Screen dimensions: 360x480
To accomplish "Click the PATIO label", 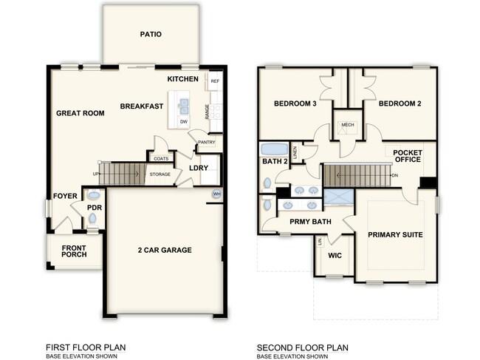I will pos(150,34).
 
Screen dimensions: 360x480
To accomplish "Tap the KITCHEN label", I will pos(182,78).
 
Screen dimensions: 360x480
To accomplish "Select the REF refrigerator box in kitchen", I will pos(215,81).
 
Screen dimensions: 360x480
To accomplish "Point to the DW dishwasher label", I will pos(184,121).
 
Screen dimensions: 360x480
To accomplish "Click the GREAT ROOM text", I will pos(80,113).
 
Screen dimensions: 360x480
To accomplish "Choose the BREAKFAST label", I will pos(142,106).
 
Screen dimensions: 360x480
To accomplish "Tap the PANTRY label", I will pos(205,142).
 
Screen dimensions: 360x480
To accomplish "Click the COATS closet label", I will pos(160,157).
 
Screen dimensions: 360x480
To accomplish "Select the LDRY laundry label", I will pos(198,168).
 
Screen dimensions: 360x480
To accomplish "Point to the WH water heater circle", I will pos(217,194).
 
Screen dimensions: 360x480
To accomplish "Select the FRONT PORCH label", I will pos(74,251).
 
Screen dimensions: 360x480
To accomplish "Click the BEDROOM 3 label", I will pos(295,103).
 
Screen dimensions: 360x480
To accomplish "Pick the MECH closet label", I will pos(348,125).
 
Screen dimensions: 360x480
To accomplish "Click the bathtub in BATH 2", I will pos(274,148).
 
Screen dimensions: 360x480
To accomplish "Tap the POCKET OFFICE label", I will pos(407,155).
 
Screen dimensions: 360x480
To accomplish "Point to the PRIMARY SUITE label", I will pos(395,234).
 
